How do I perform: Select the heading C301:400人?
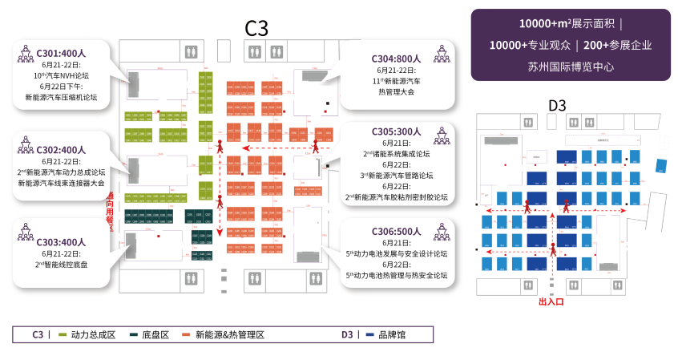[x=61, y=53]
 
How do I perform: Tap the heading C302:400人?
[x=61, y=149]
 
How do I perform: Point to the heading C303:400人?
[x=61, y=242]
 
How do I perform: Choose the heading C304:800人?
[x=396, y=59]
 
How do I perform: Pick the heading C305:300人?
[x=396, y=131]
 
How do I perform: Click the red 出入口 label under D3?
[x=551, y=302]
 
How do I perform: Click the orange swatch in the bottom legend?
[x=186, y=334]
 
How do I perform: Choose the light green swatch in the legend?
[x=63, y=334]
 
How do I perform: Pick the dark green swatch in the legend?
[x=133, y=334]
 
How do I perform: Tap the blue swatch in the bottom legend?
[x=369, y=334]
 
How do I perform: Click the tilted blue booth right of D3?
[x=661, y=166]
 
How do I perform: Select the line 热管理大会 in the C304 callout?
[x=396, y=92]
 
